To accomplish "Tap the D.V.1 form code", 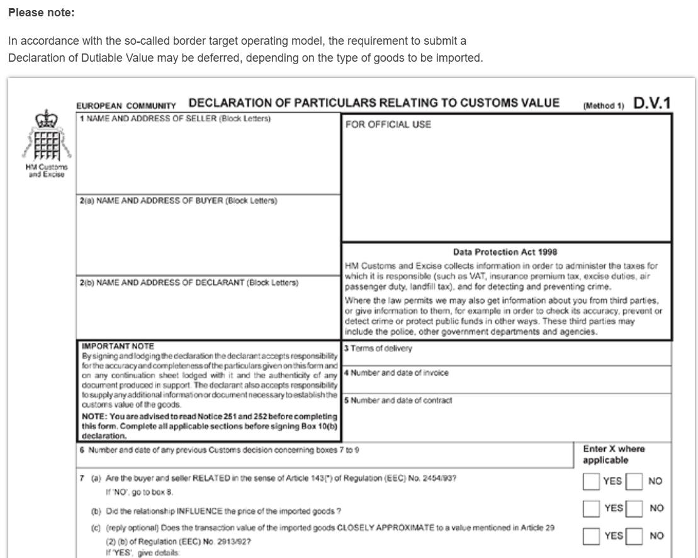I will [x=652, y=103].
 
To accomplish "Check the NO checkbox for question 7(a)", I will [x=634, y=481].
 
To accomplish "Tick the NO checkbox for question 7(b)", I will [x=634, y=508].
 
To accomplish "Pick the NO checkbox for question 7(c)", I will [x=634, y=536].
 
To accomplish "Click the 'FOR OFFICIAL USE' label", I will [x=388, y=125].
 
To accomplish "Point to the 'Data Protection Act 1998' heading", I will [x=505, y=252].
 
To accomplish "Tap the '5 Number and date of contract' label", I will [x=398, y=400].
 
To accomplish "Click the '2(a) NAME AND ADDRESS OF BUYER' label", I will [x=178, y=201].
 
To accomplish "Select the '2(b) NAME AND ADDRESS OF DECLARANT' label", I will [x=189, y=282].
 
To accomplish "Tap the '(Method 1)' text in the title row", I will [x=603, y=106].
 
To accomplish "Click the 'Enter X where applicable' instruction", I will [x=614, y=454].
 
